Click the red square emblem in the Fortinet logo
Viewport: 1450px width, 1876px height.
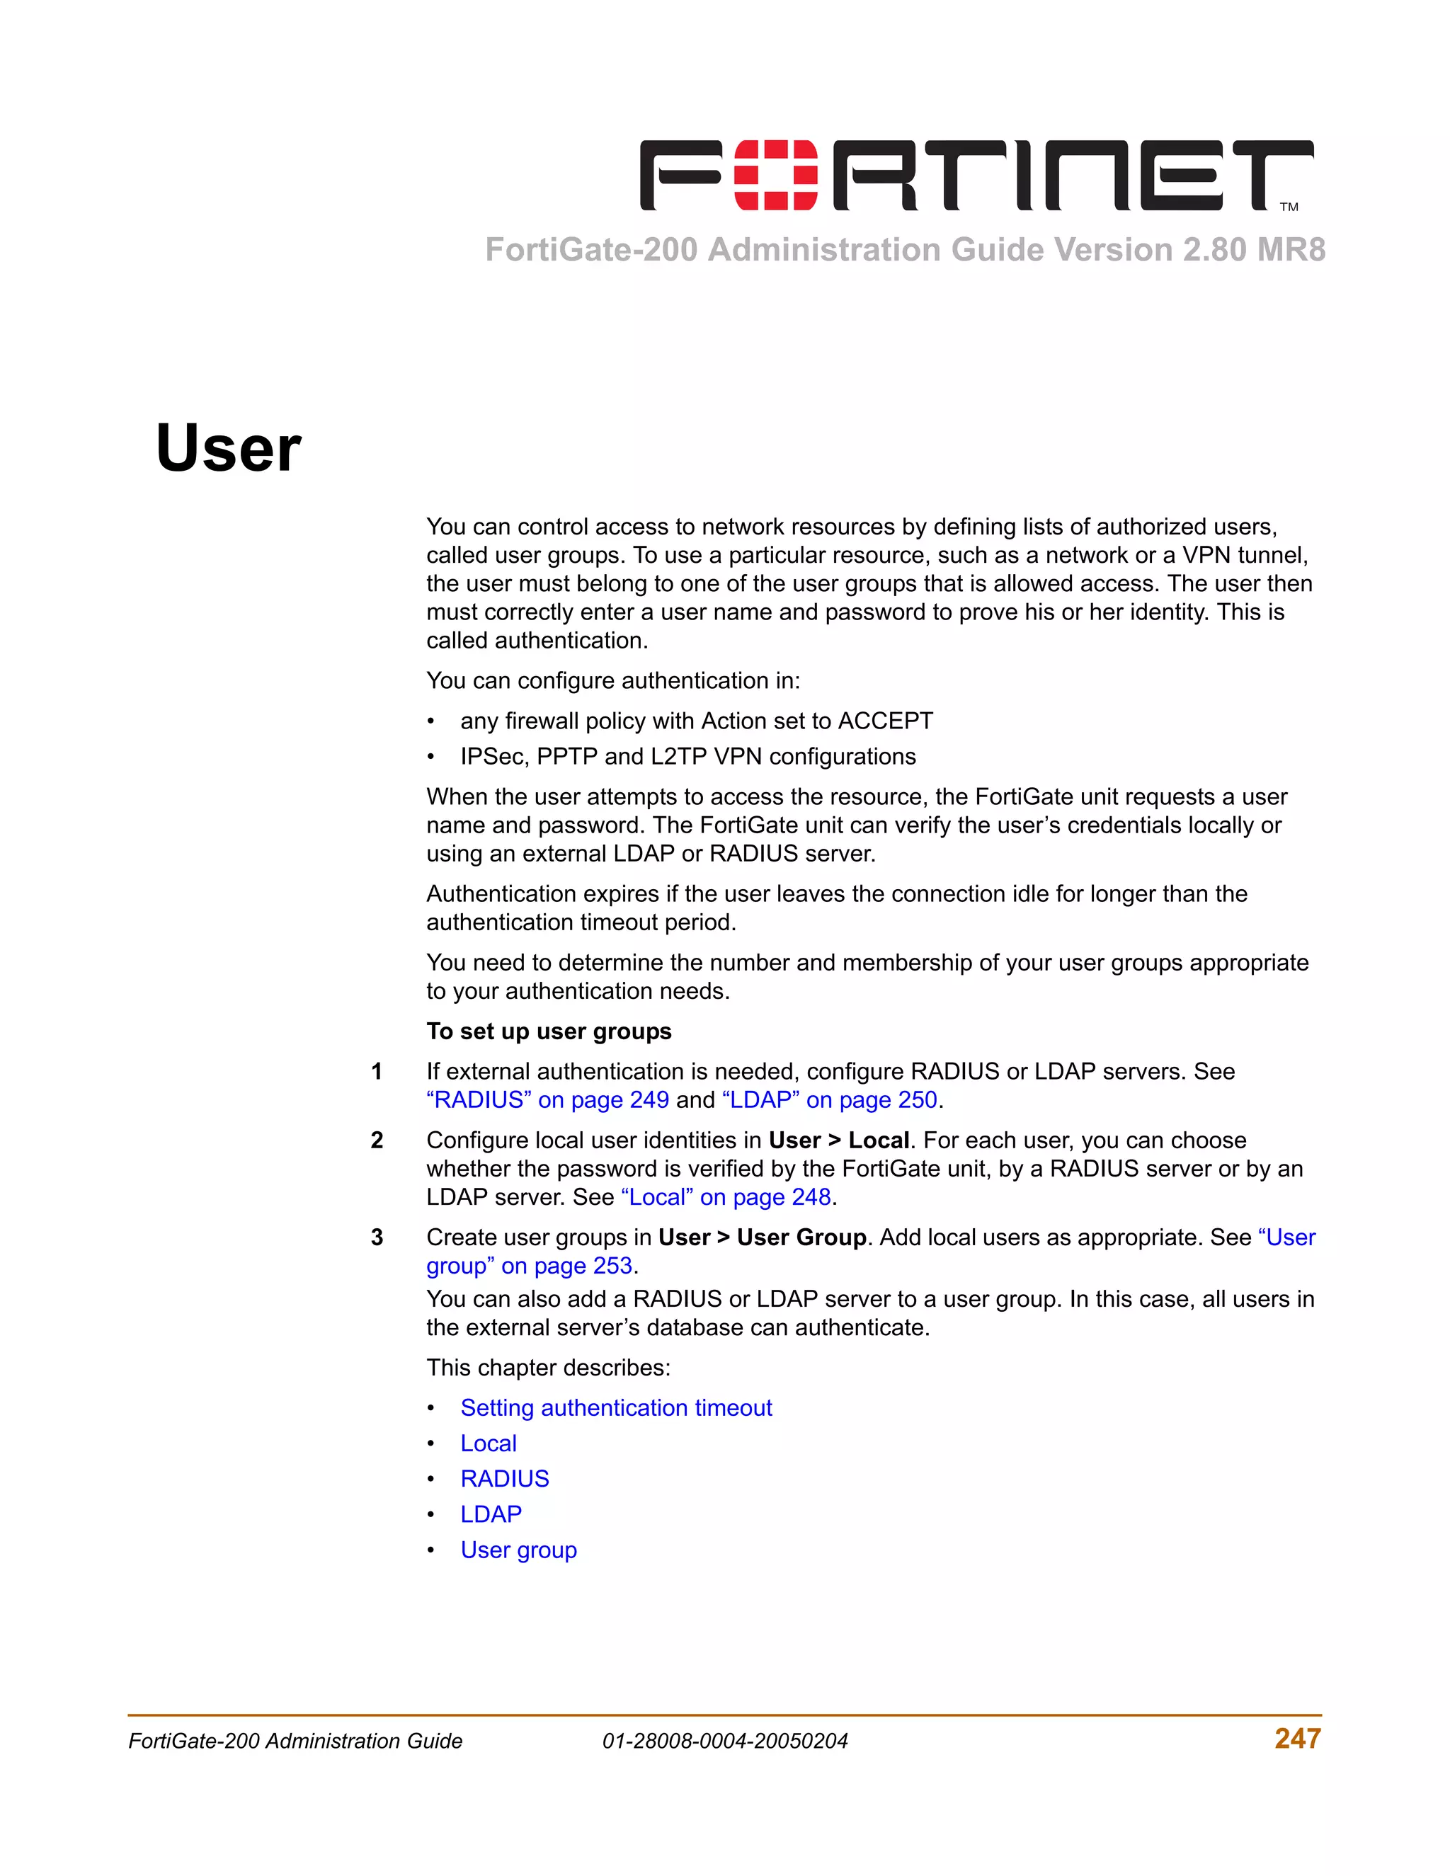(x=777, y=176)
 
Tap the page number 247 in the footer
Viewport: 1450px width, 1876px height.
(x=1297, y=1739)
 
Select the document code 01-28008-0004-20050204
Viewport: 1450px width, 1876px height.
(x=725, y=1741)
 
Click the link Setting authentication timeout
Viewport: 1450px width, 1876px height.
(x=616, y=1408)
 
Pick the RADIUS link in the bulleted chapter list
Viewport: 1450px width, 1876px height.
(x=504, y=1478)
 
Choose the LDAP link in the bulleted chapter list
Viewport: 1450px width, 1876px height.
(x=491, y=1514)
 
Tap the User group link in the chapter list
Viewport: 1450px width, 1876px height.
(x=518, y=1550)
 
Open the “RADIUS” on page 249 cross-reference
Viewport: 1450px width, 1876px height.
(x=547, y=1100)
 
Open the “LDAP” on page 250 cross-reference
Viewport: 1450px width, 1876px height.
(x=829, y=1100)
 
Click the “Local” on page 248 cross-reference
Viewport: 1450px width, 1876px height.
(x=726, y=1197)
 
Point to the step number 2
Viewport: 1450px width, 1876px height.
(x=376, y=1140)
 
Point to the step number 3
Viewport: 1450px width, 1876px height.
(x=376, y=1237)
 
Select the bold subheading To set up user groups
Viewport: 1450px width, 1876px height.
(x=549, y=1031)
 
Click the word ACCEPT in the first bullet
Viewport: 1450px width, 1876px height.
(x=885, y=721)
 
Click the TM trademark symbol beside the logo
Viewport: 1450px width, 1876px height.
(x=1289, y=207)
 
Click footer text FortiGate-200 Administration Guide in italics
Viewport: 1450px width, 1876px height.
(x=295, y=1741)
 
